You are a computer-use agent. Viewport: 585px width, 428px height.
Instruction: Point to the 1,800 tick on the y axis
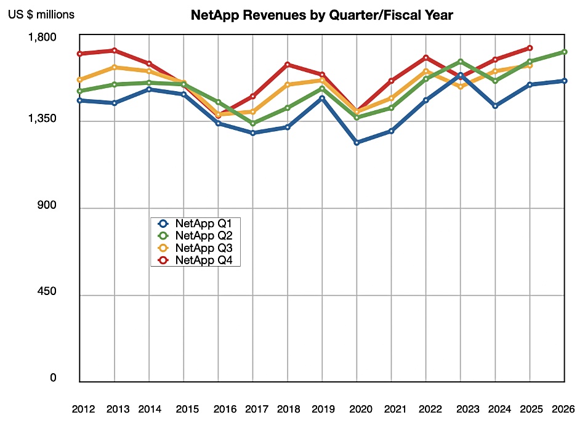tap(43, 38)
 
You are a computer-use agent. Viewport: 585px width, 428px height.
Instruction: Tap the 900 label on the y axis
tap(47, 206)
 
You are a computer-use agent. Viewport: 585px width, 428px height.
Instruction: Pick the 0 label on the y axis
tap(53, 378)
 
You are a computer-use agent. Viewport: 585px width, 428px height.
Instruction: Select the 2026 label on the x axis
tap(564, 409)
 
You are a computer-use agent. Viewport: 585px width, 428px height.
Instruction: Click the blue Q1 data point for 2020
tap(357, 142)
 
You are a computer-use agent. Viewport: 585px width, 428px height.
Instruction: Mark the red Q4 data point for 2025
tap(530, 47)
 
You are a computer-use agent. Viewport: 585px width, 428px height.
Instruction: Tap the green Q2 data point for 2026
tap(565, 52)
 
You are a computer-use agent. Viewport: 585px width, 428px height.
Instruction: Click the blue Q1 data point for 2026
tap(565, 81)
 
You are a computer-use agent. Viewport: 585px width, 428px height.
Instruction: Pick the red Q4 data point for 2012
tap(80, 54)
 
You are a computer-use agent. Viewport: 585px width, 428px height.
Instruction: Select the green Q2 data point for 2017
tap(253, 124)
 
